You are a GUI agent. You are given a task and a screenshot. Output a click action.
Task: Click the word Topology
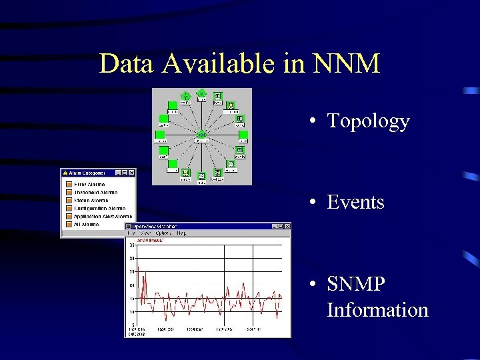pyautogui.click(x=368, y=121)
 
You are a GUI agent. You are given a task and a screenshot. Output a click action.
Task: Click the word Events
pyautogui.click(x=355, y=203)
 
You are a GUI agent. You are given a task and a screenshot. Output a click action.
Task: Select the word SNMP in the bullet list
pyautogui.click(x=356, y=285)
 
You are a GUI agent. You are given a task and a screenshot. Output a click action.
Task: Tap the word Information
pyautogui.click(x=377, y=311)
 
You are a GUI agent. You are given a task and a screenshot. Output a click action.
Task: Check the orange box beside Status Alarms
pyautogui.click(x=69, y=201)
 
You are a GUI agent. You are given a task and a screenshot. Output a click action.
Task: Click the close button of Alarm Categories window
pyautogui.click(x=131, y=173)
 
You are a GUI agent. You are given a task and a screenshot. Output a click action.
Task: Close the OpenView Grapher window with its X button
pyautogui.click(x=287, y=227)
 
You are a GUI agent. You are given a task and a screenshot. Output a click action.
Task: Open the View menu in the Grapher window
pyautogui.click(x=145, y=233)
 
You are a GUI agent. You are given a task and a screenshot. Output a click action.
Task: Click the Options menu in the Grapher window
pyautogui.click(x=163, y=233)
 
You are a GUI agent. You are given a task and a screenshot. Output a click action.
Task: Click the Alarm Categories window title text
pyautogui.click(x=87, y=173)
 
